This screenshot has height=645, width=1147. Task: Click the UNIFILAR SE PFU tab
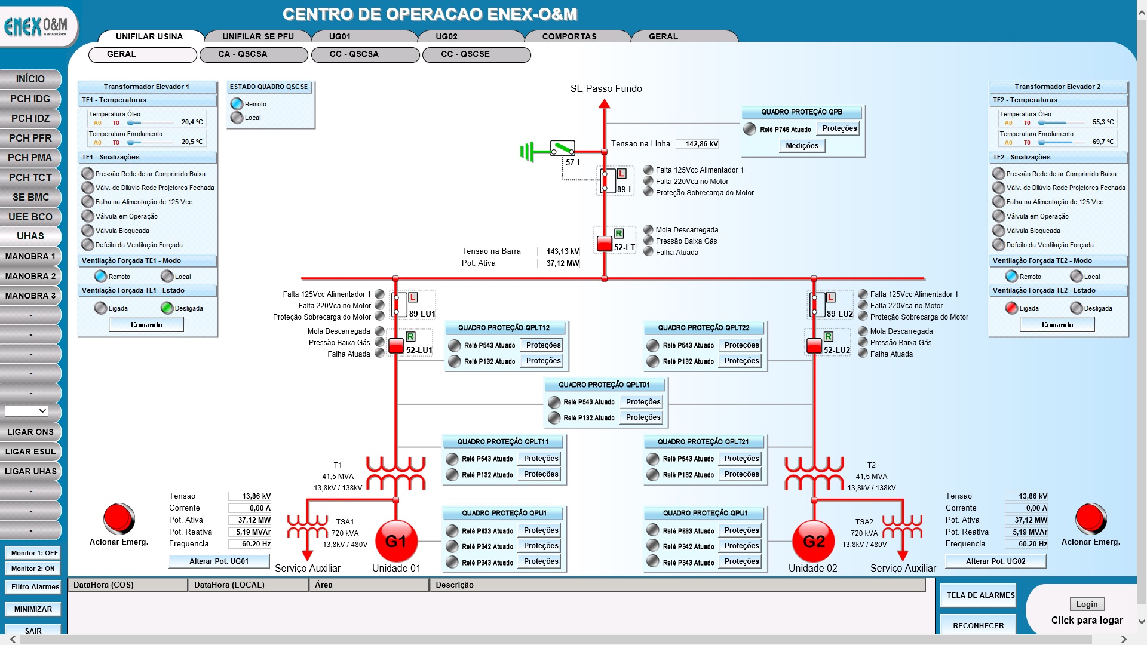pos(258,36)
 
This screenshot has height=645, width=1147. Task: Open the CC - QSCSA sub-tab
pos(354,54)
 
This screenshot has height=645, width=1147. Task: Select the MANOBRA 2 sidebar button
pos(30,276)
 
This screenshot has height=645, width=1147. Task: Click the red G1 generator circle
pos(395,541)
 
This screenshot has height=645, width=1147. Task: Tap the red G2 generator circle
pos(814,541)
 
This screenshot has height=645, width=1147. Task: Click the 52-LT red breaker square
pos(605,244)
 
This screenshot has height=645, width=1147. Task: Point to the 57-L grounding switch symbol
pos(562,148)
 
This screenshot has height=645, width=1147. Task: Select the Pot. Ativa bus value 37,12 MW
pos(559,263)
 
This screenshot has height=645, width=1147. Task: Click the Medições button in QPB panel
pos(802,146)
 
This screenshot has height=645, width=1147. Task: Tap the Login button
pos(1087,604)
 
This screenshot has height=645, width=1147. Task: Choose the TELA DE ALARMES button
pos(980,595)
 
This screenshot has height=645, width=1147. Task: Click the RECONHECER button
pos(978,625)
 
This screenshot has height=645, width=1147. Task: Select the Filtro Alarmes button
pos(35,587)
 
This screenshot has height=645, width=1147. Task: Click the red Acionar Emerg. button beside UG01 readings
pos(119,518)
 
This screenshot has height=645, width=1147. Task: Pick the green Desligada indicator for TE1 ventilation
pos(167,308)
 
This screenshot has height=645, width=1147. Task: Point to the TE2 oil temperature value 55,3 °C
pos(1103,122)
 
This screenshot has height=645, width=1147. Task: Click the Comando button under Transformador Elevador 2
pos(1057,325)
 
